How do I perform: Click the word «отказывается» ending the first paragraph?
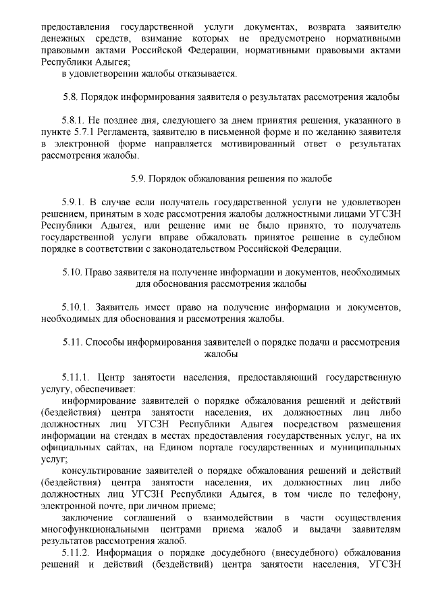205,73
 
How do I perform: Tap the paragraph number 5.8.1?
75,122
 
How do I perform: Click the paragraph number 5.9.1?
75,203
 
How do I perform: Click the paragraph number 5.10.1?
77,307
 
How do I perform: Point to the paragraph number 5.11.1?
77,377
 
